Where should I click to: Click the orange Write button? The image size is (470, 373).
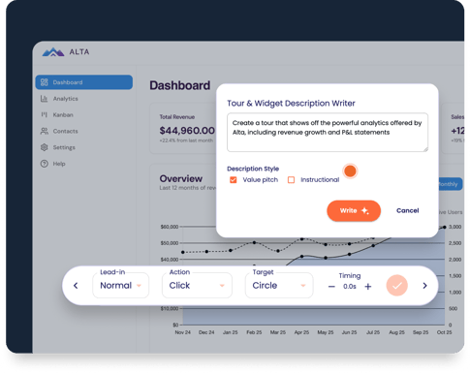tap(354, 210)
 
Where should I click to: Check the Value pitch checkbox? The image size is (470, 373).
tap(234, 180)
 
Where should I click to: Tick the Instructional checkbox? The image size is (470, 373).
tap(291, 180)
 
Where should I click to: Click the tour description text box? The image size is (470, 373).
tap(328, 133)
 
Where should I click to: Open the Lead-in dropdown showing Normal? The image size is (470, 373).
tap(121, 286)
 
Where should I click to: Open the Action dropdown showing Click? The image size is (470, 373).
tap(197, 286)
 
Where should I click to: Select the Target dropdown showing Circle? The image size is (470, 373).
tap(278, 286)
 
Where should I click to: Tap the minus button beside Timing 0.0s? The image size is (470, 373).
tap(332, 287)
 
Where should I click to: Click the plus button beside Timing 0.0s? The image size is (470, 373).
tap(368, 287)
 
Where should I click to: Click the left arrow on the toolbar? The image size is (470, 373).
tap(77, 286)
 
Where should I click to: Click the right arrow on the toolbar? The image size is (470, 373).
tap(424, 286)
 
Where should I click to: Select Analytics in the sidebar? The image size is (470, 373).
tap(65, 99)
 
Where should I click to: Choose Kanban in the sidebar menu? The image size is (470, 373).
tap(62, 115)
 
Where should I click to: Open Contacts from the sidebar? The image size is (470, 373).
tap(65, 131)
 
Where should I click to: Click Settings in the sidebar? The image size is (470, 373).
tap(63, 147)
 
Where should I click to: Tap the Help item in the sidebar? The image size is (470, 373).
tap(59, 164)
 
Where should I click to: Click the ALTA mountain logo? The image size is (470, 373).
tap(53, 52)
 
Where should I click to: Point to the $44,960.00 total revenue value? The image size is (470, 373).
tap(187, 130)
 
